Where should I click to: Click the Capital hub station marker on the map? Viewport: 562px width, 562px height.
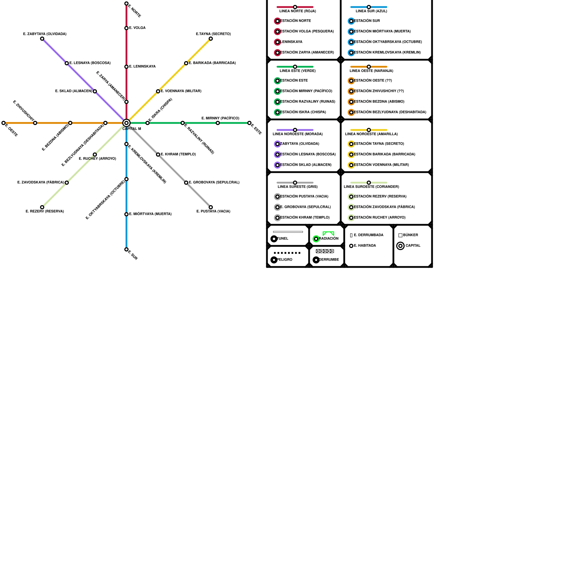pos(126,123)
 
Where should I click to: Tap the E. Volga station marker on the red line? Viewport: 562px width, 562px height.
pos(126,28)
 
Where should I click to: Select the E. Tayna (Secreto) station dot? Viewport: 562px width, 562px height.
pos(211,39)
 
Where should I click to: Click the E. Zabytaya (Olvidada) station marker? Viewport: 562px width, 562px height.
pos(42,39)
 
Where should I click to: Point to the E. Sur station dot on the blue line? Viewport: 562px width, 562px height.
pos(126,249)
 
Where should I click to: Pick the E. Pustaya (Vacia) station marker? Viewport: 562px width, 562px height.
pos(211,207)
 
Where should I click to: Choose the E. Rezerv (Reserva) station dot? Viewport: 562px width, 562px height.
pos(42,207)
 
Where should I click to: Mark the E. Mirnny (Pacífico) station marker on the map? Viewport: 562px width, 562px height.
pos(218,123)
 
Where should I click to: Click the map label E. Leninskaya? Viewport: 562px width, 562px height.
pos(142,67)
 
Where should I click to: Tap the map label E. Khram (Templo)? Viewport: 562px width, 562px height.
pos(178,155)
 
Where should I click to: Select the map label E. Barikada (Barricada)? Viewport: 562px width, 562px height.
pos(212,63)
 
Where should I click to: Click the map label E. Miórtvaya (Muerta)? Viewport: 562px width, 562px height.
pos(150,214)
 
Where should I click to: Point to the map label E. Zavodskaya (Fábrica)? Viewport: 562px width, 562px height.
pos(41,183)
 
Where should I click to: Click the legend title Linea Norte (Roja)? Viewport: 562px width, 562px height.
pos(298,11)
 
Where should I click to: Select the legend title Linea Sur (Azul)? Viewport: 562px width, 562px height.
pos(371,11)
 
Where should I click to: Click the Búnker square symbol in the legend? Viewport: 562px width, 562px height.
pos(400,235)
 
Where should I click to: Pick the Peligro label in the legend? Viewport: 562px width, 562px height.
pos(285,260)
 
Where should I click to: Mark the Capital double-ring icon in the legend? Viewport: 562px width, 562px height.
pos(400,246)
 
